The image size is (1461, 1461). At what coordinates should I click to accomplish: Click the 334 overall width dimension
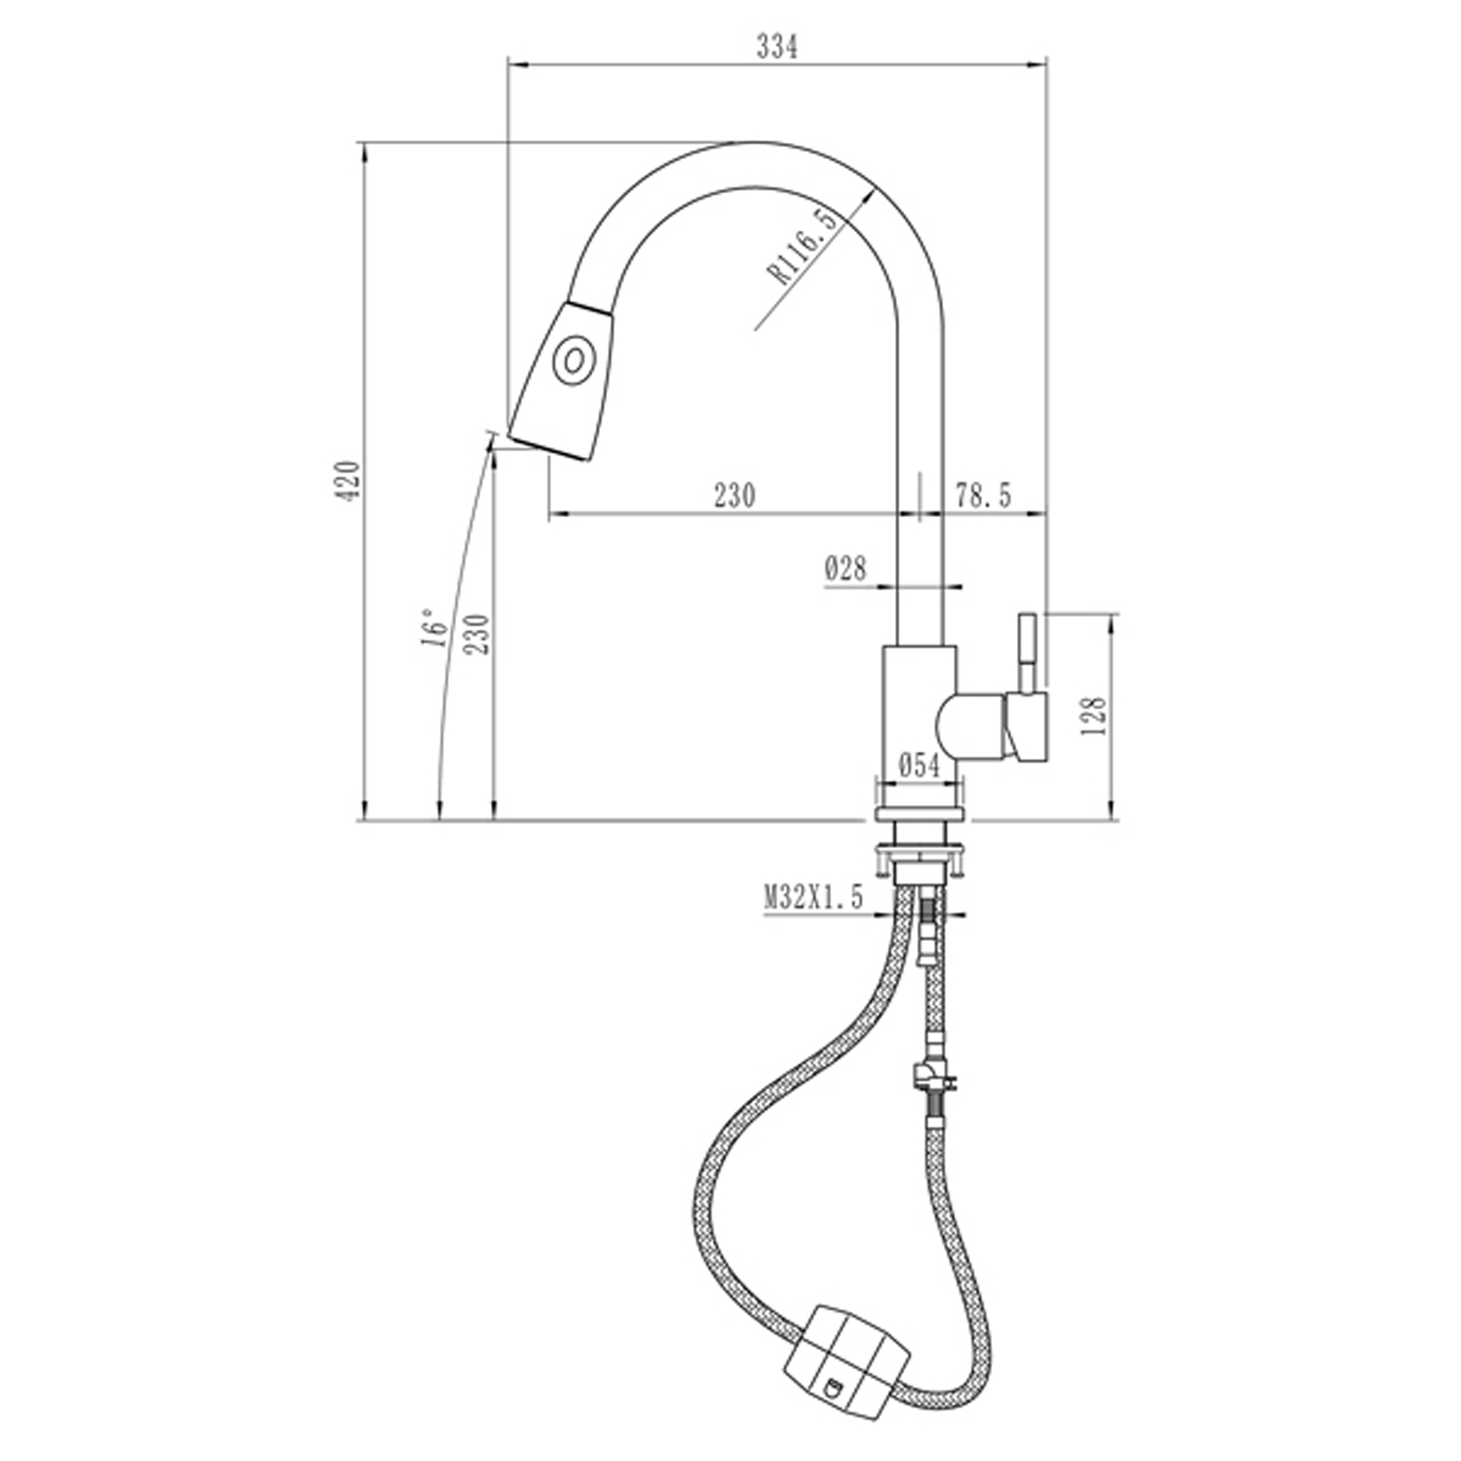click(x=777, y=46)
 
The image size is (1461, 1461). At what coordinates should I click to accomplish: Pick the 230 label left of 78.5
click(x=734, y=496)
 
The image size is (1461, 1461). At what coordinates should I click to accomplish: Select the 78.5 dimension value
click(x=983, y=496)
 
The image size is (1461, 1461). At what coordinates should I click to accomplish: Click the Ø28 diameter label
click(x=845, y=568)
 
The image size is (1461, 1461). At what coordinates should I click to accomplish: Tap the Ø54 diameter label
click(x=919, y=766)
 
